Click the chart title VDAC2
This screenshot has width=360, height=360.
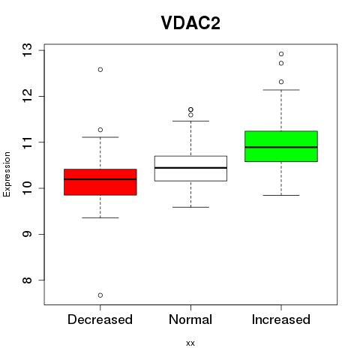[x=190, y=23]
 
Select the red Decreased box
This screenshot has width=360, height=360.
[x=100, y=182]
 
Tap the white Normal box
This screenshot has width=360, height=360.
[x=190, y=168]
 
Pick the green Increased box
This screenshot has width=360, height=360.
[x=281, y=146]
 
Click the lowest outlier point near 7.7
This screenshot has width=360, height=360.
[x=100, y=295]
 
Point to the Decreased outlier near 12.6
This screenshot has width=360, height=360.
[x=100, y=70]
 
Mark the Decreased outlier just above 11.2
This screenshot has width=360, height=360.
[x=100, y=130]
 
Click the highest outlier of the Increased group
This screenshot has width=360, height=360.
[x=281, y=54]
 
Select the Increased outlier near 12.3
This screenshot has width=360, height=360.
[x=281, y=82]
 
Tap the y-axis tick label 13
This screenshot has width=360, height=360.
[x=28, y=50]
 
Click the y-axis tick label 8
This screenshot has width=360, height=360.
[x=28, y=280]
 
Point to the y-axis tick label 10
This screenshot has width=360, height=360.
[x=28, y=188]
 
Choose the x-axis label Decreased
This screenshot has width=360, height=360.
[x=100, y=319]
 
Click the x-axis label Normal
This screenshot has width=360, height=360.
[x=190, y=319]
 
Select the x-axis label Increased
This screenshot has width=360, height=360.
[x=281, y=319]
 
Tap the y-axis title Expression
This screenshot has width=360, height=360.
[x=7, y=174]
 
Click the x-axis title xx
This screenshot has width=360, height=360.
[x=190, y=343]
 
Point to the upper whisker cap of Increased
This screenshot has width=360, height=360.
[x=281, y=90]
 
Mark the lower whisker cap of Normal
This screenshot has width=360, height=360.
[x=190, y=207]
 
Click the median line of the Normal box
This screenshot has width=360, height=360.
[x=190, y=168]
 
